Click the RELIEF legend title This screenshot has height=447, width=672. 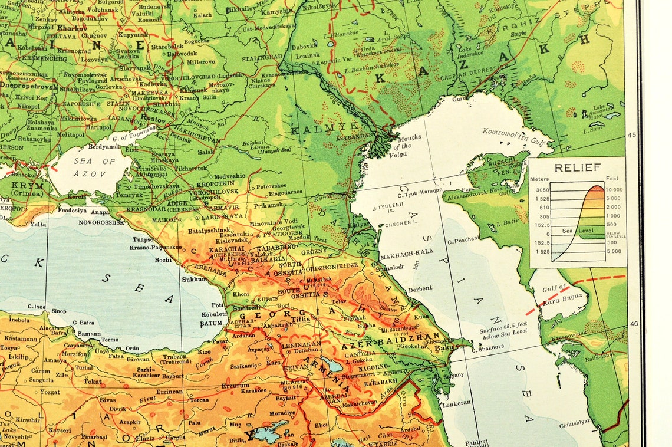coord(577,167)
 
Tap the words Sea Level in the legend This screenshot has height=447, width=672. coord(575,231)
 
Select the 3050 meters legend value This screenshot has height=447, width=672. coord(542,190)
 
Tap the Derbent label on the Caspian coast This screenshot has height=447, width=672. coord(420,289)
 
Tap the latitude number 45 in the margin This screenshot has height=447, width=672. coord(633,135)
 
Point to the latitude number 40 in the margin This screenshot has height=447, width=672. coord(634,323)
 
